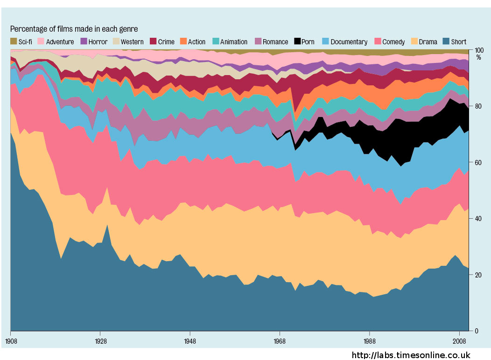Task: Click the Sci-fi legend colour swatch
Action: tap(14, 42)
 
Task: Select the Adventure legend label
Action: tap(60, 42)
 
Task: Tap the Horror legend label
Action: tap(98, 42)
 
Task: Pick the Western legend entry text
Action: tap(132, 42)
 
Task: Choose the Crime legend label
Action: tap(166, 42)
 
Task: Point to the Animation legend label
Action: tap(234, 42)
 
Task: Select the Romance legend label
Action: tap(275, 42)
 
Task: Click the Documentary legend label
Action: tap(349, 42)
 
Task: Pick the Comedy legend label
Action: tap(393, 42)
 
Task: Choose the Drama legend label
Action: tap(428, 42)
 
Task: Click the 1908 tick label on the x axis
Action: tap(11, 341)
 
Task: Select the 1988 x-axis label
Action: tap(369, 341)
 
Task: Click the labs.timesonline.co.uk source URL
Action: tap(411, 355)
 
